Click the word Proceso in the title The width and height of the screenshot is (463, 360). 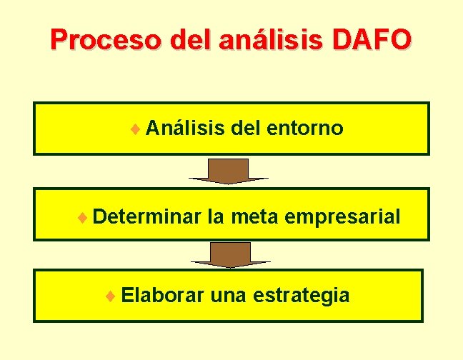point(94,39)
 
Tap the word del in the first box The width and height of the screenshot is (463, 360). point(245,129)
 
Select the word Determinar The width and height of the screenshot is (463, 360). point(146,215)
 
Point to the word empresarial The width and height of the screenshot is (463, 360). point(343,215)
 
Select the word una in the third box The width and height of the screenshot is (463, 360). point(229,294)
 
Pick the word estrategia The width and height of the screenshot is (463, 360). point(302,294)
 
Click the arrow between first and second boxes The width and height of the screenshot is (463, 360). point(229,171)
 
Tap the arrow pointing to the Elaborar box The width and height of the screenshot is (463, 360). point(229,254)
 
